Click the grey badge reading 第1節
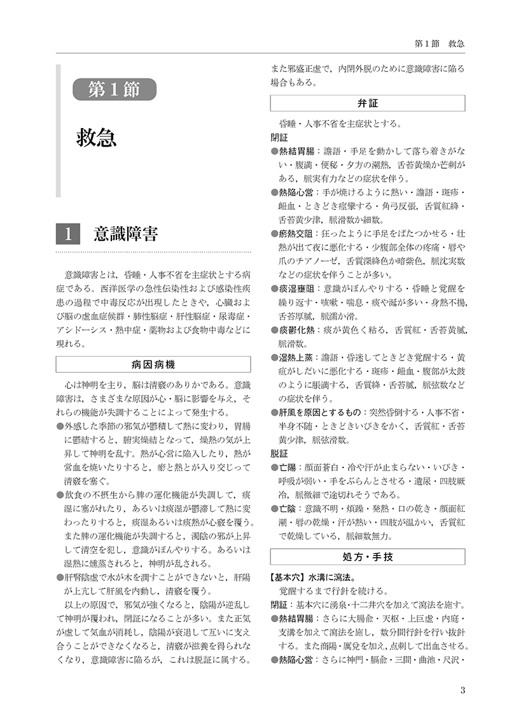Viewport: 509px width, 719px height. point(115,89)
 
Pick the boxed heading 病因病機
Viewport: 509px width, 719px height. point(153,365)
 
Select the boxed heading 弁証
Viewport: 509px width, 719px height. point(368,103)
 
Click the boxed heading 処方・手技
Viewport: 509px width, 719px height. point(368,557)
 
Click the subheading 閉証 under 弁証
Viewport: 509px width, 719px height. point(279,137)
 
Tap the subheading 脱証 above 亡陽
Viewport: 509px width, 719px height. point(279,455)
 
